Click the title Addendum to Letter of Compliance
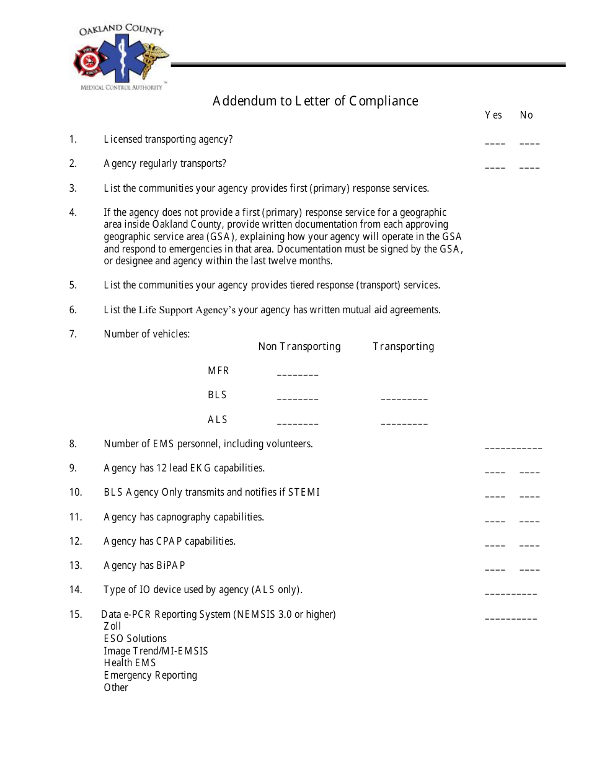pos(315,101)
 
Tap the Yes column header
pos(494,115)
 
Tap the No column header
pos(526,115)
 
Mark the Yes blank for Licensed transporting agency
pos(495,142)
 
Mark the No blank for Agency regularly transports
pos(529,166)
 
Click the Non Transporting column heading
pos(299,346)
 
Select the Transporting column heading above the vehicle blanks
pos(403,346)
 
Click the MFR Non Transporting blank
pos(298,373)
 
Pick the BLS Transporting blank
pos(404,398)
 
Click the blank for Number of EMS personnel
pos(513,446)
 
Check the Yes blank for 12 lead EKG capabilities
pos(495,471)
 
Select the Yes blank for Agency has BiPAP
pos(495,568)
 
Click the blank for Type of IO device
pos(511,592)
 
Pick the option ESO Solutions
pos(135,638)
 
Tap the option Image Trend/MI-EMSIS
pos(156,651)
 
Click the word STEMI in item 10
pos(304,493)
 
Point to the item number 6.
pos(73,310)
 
